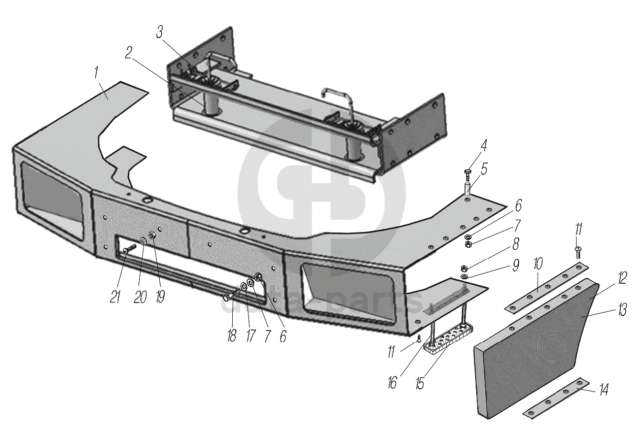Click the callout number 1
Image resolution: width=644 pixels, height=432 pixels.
[96, 73]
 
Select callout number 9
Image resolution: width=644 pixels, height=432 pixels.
[515, 265]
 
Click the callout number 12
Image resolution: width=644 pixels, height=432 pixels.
[622, 278]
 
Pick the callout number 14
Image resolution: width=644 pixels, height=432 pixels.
[603, 389]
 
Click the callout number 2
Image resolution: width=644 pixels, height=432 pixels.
[129, 53]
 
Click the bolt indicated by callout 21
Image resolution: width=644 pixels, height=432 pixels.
[130, 249]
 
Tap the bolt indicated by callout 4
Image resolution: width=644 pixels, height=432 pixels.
[468, 176]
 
